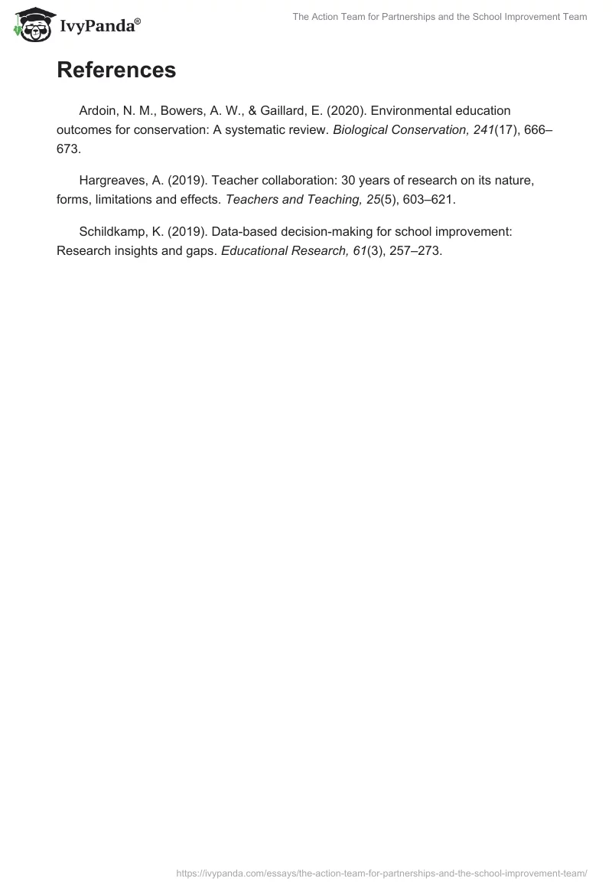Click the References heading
[116, 70]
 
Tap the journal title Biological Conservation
[401, 130]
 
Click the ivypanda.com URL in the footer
[381, 873]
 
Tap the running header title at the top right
[440, 17]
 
